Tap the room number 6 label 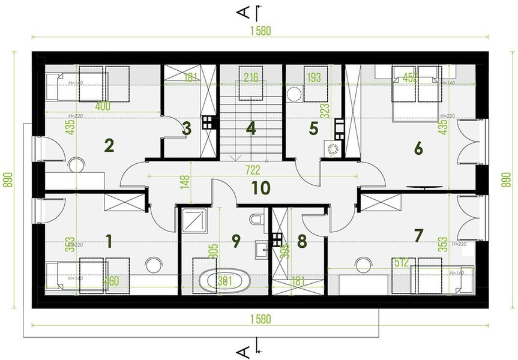click(418, 148)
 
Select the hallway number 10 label click(261, 188)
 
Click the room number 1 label click(109, 241)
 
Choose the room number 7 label click(418, 235)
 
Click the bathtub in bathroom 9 click(223, 281)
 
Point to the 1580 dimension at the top click(259, 32)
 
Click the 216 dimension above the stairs click(251, 77)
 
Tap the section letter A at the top click(243, 11)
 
